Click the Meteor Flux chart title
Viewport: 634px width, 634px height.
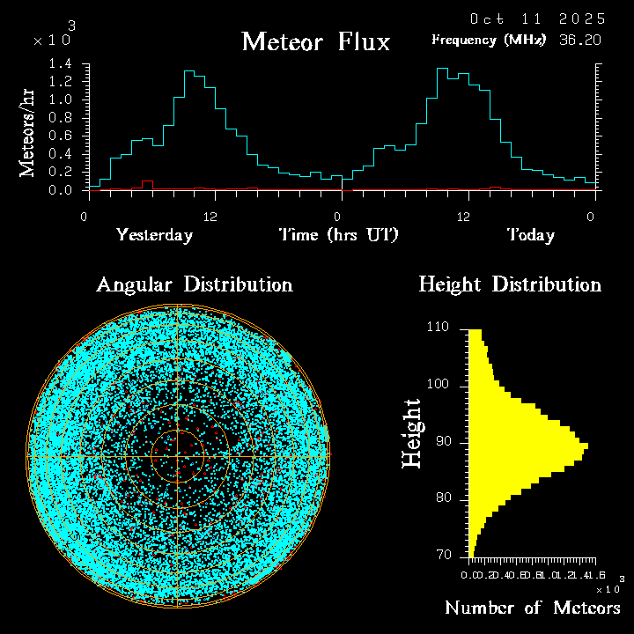(x=315, y=41)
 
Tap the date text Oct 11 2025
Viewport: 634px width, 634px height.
(x=537, y=18)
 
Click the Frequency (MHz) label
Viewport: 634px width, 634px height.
(x=489, y=40)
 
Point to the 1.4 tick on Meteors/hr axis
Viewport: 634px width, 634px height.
(x=61, y=63)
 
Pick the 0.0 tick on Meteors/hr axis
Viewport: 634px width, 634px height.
(x=61, y=190)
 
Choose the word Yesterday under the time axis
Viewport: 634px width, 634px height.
(x=154, y=235)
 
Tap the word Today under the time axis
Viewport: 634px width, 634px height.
(x=530, y=235)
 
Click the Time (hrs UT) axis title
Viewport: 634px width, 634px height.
(x=339, y=235)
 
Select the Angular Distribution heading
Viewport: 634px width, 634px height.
(x=194, y=284)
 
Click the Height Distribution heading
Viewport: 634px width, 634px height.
(x=510, y=284)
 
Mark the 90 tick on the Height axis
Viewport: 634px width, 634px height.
(x=444, y=442)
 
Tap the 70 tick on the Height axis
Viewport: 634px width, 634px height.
(x=444, y=556)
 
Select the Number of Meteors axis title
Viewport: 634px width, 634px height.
(x=532, y=608)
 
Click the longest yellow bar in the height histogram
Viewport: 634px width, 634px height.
(x=528, y=449)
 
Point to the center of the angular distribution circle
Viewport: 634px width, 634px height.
(x=179, y=457)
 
